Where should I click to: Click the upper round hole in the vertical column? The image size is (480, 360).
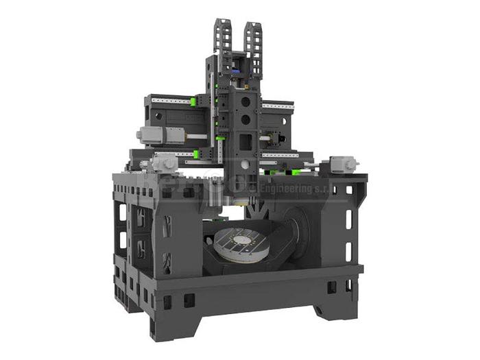coord(246,101)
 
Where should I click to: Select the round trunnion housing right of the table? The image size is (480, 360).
coord(296,230)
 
